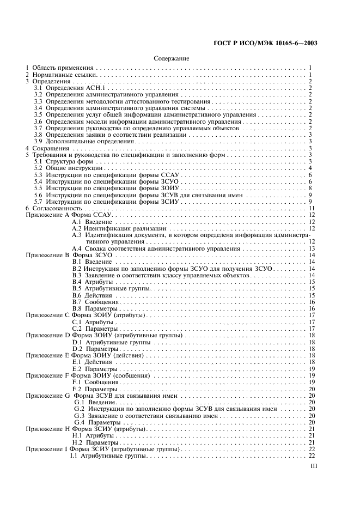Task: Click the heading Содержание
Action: coord(172,58)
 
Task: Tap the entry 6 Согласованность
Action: coord(53,208)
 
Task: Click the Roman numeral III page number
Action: coord(313,466)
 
